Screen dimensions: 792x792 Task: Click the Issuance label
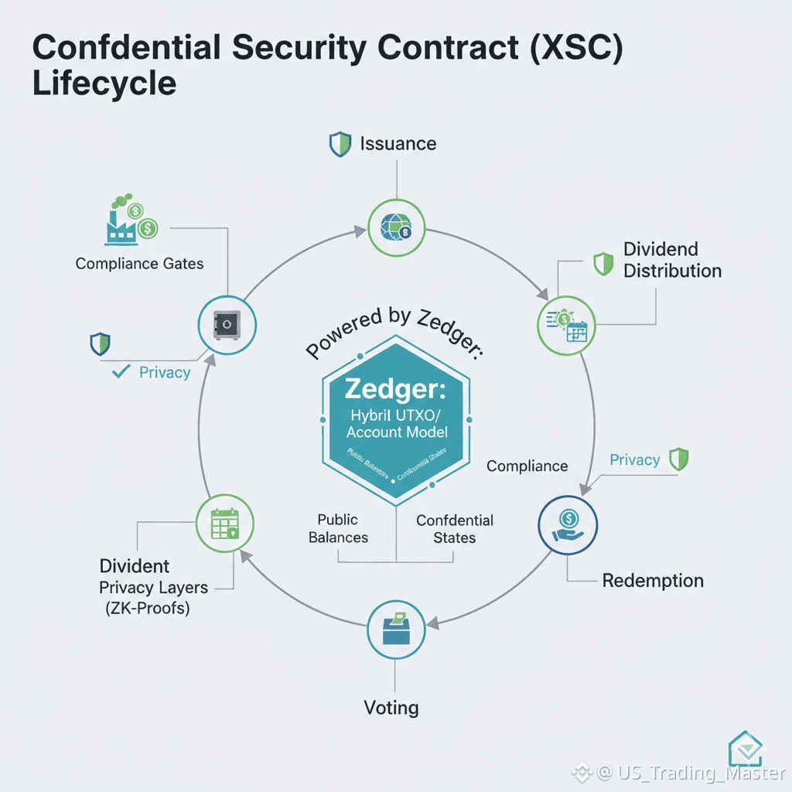tap(398, 144)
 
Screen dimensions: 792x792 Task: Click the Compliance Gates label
tap(140, 264)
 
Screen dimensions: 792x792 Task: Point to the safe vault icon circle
tap(227, 325)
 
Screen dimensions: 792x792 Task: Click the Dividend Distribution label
tap(672, 260)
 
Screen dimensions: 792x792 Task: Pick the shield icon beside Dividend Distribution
tap(603, 264)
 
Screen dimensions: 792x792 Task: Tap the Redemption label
tap(653, 581)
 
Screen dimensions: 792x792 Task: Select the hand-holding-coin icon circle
tap(568, 525)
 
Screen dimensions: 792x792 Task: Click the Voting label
tap(391, 707)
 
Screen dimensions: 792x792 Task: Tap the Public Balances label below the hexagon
tap(338, 528)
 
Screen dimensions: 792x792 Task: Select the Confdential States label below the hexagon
tap(455, 528)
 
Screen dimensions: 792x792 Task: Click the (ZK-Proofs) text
tap(147, 608)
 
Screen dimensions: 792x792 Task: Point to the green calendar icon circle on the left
tap(227, 525)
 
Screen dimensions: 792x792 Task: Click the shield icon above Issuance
tap(340, 144)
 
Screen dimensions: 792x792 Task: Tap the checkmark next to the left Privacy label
tap(121, 372)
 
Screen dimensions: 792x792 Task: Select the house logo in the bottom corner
tap(746, 749)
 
